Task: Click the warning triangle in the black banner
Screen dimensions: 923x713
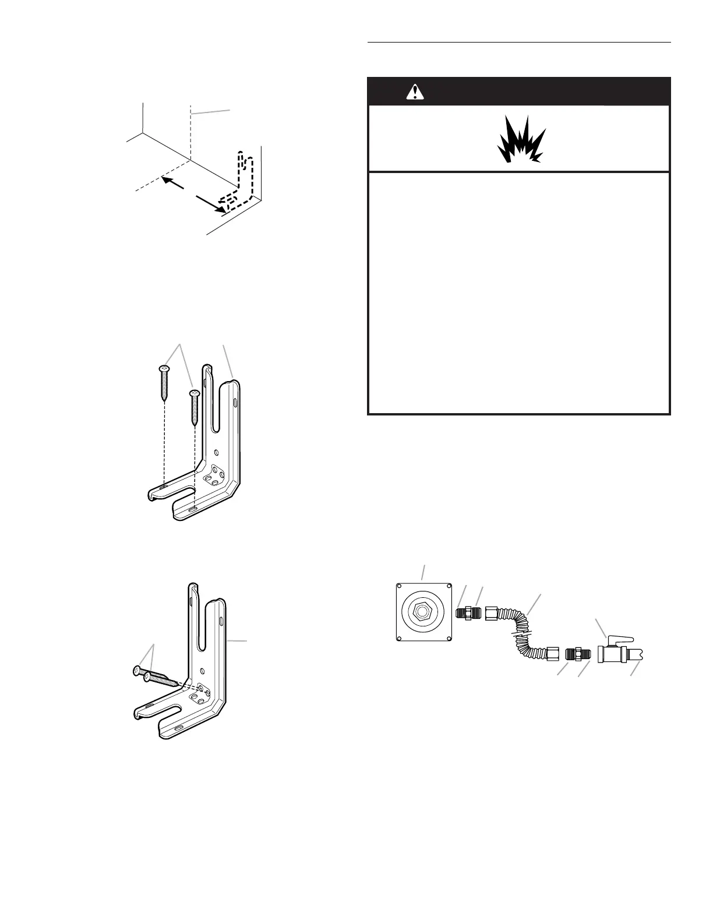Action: tap(415, 91)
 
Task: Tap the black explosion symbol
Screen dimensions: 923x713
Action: tap(520, 140)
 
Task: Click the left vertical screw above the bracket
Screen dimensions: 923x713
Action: tap(164, 382)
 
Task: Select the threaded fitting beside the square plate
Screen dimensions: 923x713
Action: tap(467, 613)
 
